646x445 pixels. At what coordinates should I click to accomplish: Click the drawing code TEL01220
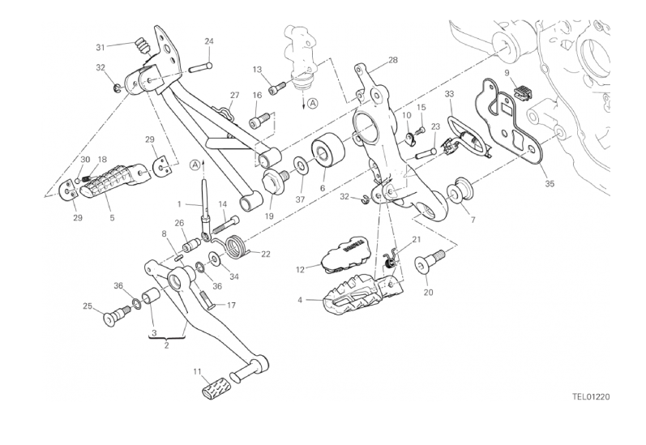(x=591, y=397)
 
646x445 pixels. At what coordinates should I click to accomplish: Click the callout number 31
(x=101, y=47)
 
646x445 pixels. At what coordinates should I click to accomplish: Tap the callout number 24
(x=209, y=41)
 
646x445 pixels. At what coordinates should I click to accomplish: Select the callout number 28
(x=393, y=60)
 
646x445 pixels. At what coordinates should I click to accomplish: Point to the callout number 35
(x=550, y=184)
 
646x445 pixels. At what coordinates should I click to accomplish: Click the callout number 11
(x=197, y=372)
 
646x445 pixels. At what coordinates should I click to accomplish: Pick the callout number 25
(x=88, y=306)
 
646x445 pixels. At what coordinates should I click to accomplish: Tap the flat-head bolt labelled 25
(x=117, y=317)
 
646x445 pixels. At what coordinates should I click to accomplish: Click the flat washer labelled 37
(x=301, y=168)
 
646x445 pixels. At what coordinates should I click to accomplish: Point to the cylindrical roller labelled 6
(x=328, y=151)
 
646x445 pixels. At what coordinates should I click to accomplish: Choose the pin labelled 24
(x=201, y=67)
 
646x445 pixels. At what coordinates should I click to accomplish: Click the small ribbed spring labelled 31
(x=143, y=45)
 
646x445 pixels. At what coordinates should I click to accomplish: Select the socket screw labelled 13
(x=277, y=88)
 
